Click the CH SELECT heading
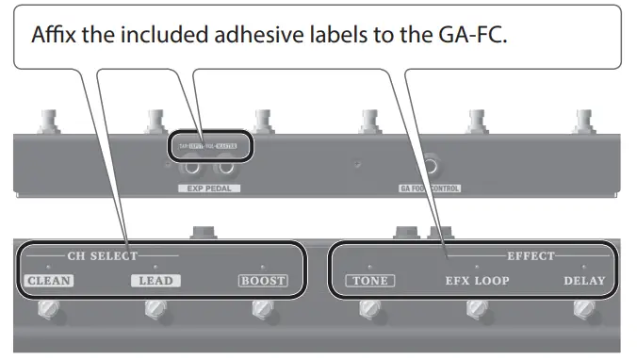(x=102, y=255)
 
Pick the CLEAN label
(x=49, y=280)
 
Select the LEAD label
(x=156, y=280)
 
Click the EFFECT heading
(x=531, y=255)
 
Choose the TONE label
(x=369, y=280)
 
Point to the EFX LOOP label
(x=478, y=280)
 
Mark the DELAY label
(x=584, y=280)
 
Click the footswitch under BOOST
(x=261, y=311)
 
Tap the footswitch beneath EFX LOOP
(x=477, y=311)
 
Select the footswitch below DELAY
(x=584, y=311)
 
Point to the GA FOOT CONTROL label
(x=430, y=188)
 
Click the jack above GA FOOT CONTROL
(x=430, y=167)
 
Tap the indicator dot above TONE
(x=369, y=267)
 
